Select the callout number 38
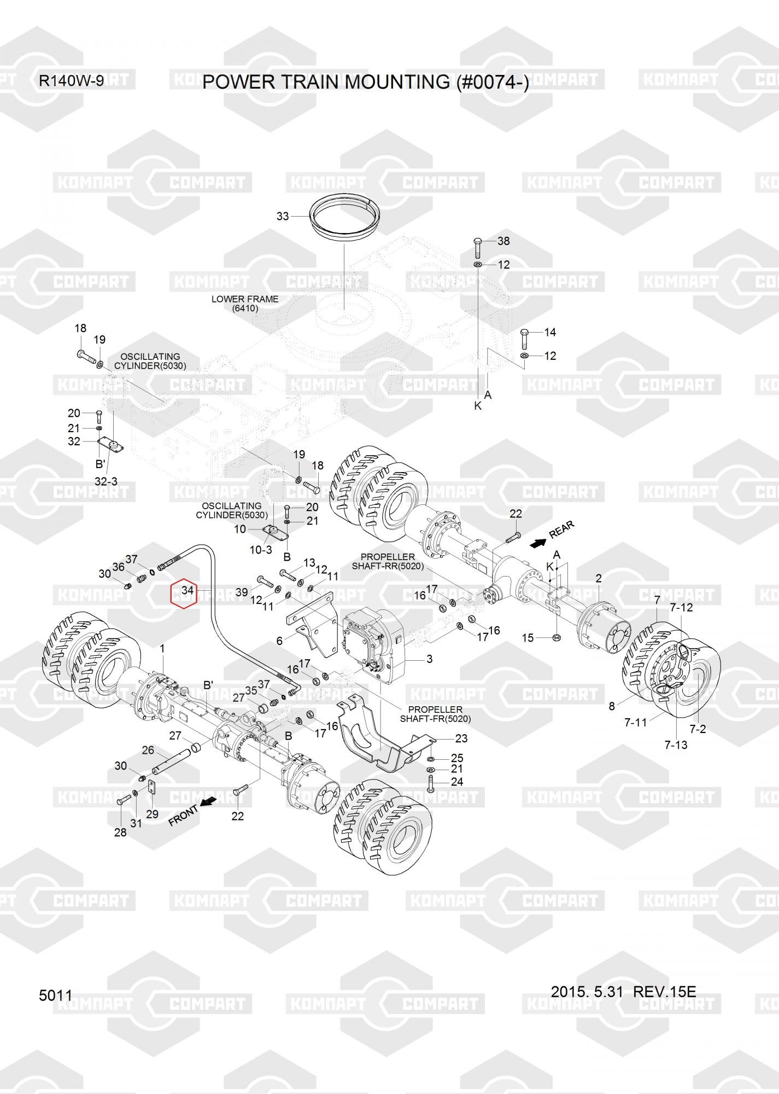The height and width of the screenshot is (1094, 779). (x=503, y=241)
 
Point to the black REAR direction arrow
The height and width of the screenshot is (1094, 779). (x=538, y=543)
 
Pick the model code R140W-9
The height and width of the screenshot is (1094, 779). (x=71, y=82)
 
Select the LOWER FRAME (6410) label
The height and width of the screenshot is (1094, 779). (x=245, y=304)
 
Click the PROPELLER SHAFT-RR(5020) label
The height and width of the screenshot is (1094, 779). (x=388, y=561)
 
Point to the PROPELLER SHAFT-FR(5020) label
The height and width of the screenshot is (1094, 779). (x=435, y=714)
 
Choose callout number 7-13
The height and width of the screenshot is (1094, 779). (x=676, y=744)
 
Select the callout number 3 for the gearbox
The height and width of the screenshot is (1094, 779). (x=429, y=659)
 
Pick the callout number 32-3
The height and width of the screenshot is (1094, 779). (x=106, y=481)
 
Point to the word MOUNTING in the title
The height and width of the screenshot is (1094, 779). (x=397, y=82)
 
